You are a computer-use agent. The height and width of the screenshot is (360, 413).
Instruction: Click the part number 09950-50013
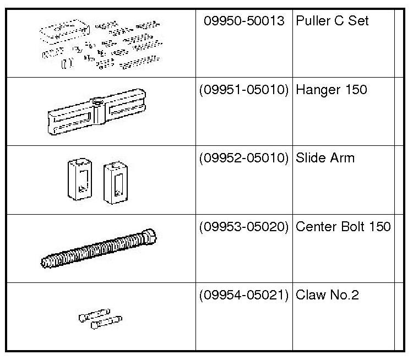pyautogui.click(x=244, y=21)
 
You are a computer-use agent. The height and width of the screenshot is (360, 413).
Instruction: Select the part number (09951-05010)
pyautogui.click(x=244, y=90)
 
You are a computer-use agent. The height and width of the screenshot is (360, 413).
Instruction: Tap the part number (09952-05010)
pyautogui.click(x=244, y=159)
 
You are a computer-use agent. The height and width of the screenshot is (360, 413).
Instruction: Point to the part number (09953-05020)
pyautogui.click(x=244, y=227)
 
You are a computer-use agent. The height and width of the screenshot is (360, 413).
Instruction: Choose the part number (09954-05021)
pyautogui.click(x=244, y=296)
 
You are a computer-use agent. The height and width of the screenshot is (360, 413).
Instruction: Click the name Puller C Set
pyautogui.click(x=332, y=21)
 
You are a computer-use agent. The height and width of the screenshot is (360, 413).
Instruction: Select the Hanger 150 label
pyautogui.click(x=331, y=90)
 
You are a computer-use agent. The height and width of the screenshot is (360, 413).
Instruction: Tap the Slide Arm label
pyautogui.click(x=325, y=159)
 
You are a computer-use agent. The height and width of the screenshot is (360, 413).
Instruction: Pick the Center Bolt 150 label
pyautogui.click(x=343, y=227)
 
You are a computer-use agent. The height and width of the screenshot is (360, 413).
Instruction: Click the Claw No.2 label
pyautogui.click(x=327, y=296)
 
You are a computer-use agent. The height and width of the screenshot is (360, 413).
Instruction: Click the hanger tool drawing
pyautogui.click(x=100, y=113)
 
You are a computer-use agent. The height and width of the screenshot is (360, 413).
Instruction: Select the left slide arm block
pyautogui.click(x=78, y=179)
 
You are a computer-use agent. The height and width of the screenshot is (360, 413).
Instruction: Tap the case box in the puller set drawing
pyautogui.click(x=64, y=31)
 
